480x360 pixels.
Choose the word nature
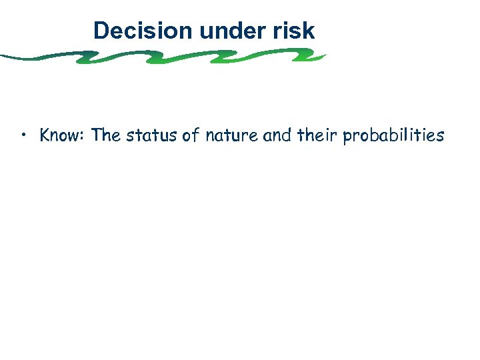coord(224,136)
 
